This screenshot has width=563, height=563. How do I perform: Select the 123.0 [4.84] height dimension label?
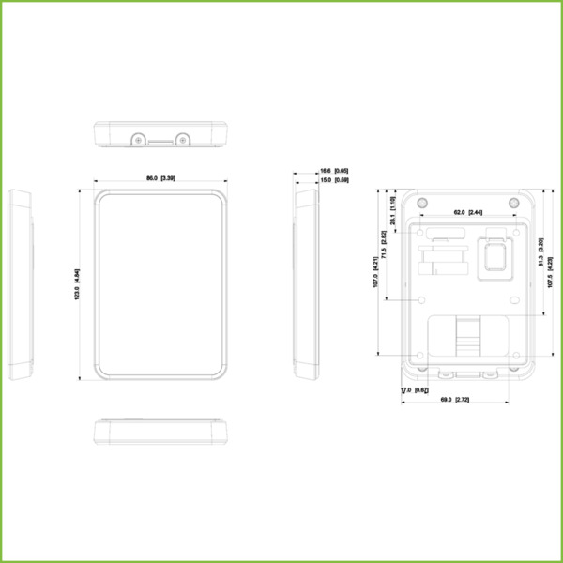77,285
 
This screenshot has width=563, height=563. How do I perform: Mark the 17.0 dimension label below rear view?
414,389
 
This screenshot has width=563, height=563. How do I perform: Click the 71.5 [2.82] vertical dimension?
384,243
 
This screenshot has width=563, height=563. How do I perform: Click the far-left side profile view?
21,284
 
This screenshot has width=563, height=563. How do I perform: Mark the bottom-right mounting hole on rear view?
513,355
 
